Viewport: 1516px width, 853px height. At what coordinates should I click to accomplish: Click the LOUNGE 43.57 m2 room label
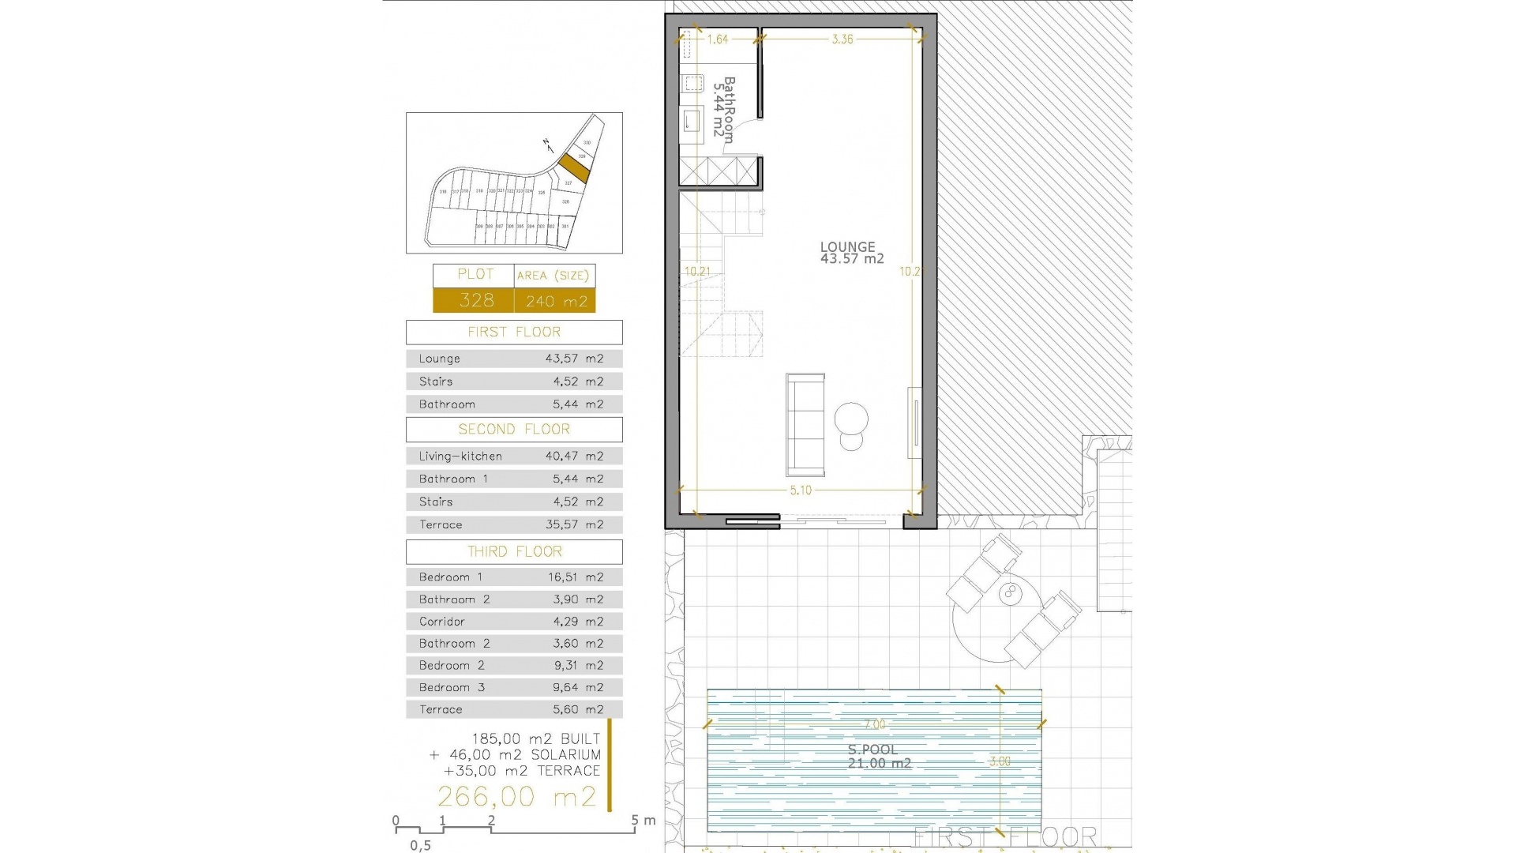click(x=851, y=253)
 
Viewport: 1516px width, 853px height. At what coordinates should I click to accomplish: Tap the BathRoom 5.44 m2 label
click(x=723, y=109)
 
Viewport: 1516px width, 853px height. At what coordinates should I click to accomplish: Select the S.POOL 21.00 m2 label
click(x=878, y=757)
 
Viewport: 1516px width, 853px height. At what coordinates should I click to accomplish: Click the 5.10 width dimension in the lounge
click(x=801, y=490)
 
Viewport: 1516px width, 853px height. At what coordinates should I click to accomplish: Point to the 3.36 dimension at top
click(x=842, y=39)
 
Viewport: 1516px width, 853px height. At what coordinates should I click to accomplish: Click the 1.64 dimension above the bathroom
click(x=717, y=39)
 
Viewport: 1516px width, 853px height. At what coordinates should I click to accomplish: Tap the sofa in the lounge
click(x=805, y=425)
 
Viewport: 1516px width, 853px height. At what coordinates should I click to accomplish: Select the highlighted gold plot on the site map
click(x=573, y=167)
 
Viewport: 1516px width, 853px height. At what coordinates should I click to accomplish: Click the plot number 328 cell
click(x=476, y=300)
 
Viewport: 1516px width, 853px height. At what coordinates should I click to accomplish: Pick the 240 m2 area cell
click(x=556, y=301)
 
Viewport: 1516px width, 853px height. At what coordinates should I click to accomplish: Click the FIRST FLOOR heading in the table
click(x=514, y=332)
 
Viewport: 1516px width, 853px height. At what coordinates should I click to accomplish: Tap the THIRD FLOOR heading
click(x=514, y=551)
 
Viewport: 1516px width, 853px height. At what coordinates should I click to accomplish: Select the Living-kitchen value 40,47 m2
click(x=574, y=456)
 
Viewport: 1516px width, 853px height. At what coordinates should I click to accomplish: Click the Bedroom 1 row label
click(x=450, y=577)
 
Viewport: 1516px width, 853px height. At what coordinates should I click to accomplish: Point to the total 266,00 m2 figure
click(x=516, y=796)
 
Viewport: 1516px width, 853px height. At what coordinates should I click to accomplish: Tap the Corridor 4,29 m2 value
click(x=577, y=622)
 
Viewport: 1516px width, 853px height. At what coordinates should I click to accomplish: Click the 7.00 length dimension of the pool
click(x=874, y=724)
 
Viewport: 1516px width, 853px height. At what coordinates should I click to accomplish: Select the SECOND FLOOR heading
click(x=514, y=429)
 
